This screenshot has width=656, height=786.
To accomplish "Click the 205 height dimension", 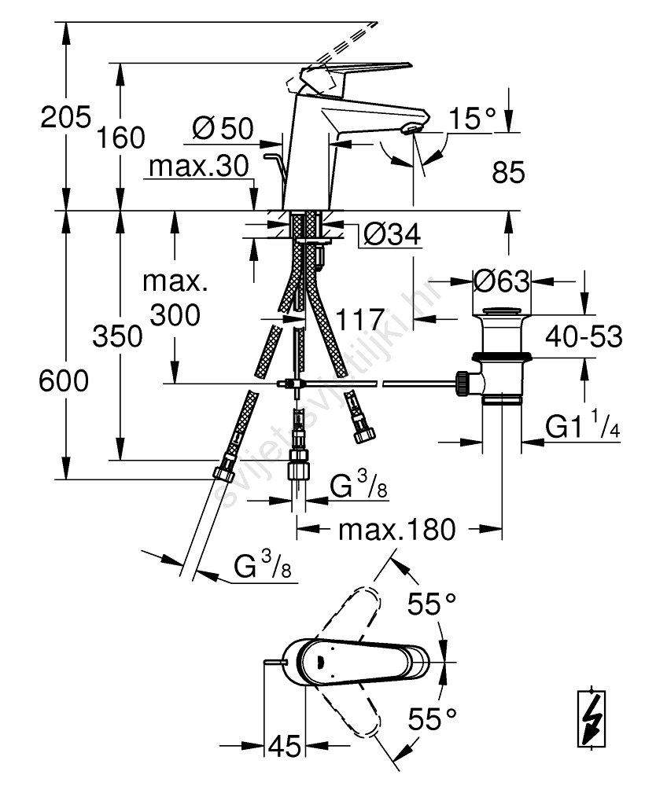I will click(67, 119).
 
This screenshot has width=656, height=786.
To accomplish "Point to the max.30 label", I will click(198, 167).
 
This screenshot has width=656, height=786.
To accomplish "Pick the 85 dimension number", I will click(508, 172).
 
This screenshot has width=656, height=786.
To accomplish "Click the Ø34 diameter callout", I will click(392, 233).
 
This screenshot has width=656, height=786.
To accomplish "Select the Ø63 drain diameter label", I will click(501, 279).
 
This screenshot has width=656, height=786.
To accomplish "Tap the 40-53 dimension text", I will click(585, 338).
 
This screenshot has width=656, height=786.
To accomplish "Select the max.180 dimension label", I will click(396, 530).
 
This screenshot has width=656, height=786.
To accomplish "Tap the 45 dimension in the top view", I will click(285, 745).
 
